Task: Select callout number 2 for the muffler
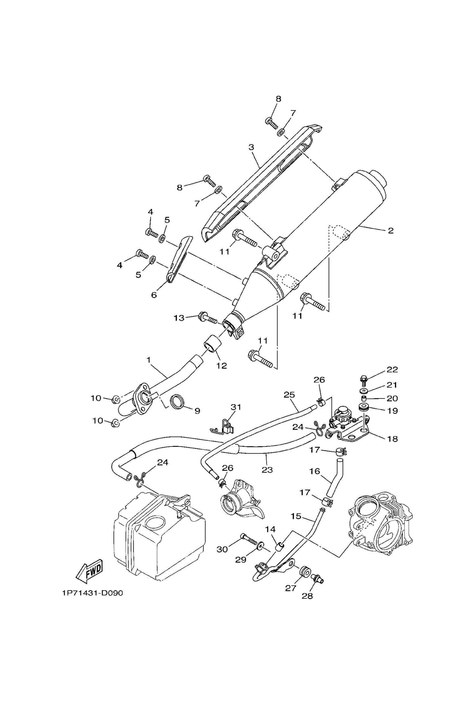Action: coord(390,231)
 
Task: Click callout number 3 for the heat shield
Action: coord(251,147)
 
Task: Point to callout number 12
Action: coord(221,366)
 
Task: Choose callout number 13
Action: coord(179,318)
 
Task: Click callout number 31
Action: coord(236,407)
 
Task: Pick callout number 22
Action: coord(392,370)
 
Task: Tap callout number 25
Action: coord(289,395)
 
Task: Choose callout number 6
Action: coord(154,295)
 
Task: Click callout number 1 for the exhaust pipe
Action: coord(148,360)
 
